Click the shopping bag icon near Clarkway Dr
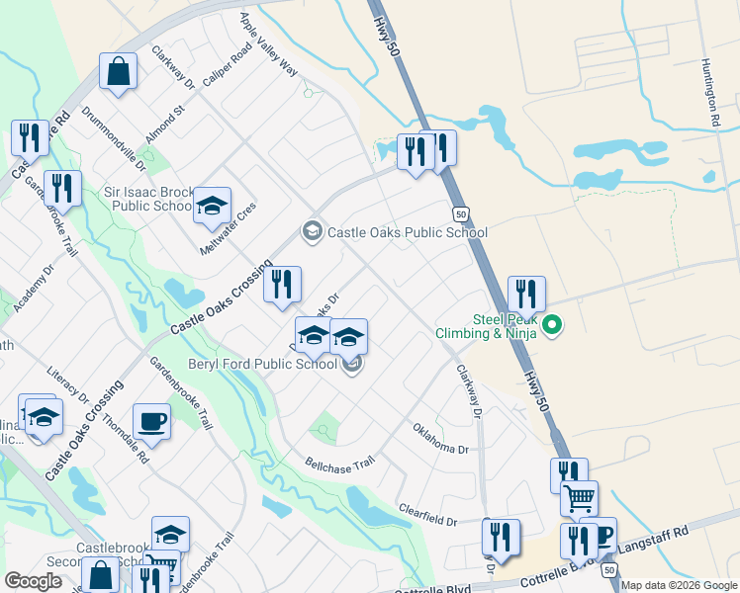pyautogui.click(x=118, y=72)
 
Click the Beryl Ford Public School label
pyautogui.click(x=263, y=364)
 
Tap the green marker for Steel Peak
pyautogui.click(x=553, y=323)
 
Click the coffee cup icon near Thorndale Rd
pyautogui.click(x=151, y=421)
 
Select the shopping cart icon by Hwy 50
pyautogui.click(x=579, y=497)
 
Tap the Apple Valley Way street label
pyautogui.click(x=268, y=44)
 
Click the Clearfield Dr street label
pyautogui.click(x=427, y=515)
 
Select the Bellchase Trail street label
pyautogui.click(x=340, y=463)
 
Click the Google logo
pyautogui.click(x=33, y=581)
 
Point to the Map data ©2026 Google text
pyautogui.click(x=679, y=585)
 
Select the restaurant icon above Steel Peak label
pyautogui.click(x=526, y=293)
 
